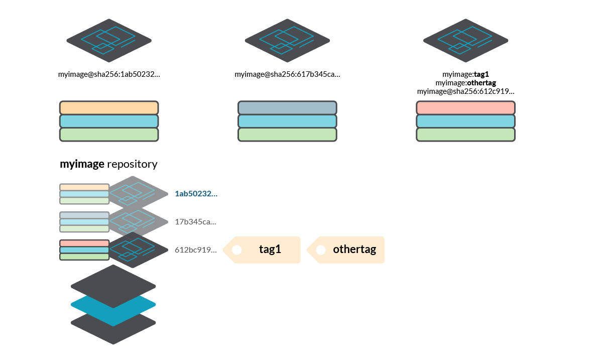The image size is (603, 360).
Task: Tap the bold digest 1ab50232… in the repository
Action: (196, 193)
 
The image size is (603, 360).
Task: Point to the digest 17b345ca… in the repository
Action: (195, 221)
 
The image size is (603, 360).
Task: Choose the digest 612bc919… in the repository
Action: (195, 250)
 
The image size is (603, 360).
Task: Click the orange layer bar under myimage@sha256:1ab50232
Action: (109, 108)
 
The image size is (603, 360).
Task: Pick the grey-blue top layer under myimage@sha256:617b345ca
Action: (287, 108)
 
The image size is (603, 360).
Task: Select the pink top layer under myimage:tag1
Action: (465, 108)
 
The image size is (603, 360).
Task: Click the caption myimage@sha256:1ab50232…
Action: (109, 75)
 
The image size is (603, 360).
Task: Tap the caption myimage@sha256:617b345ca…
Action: (287, 75)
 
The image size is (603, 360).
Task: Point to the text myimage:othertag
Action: (465, 83)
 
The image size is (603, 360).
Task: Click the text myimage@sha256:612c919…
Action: (465, 91)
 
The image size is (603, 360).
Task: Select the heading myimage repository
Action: (108, 164)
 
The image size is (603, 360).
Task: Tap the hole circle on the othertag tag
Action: (321, 250)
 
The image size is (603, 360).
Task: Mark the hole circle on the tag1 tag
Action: (236, 250)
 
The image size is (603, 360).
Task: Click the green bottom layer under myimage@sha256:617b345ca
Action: (287, 135)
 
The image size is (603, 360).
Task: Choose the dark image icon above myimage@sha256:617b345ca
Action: (287, 40)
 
